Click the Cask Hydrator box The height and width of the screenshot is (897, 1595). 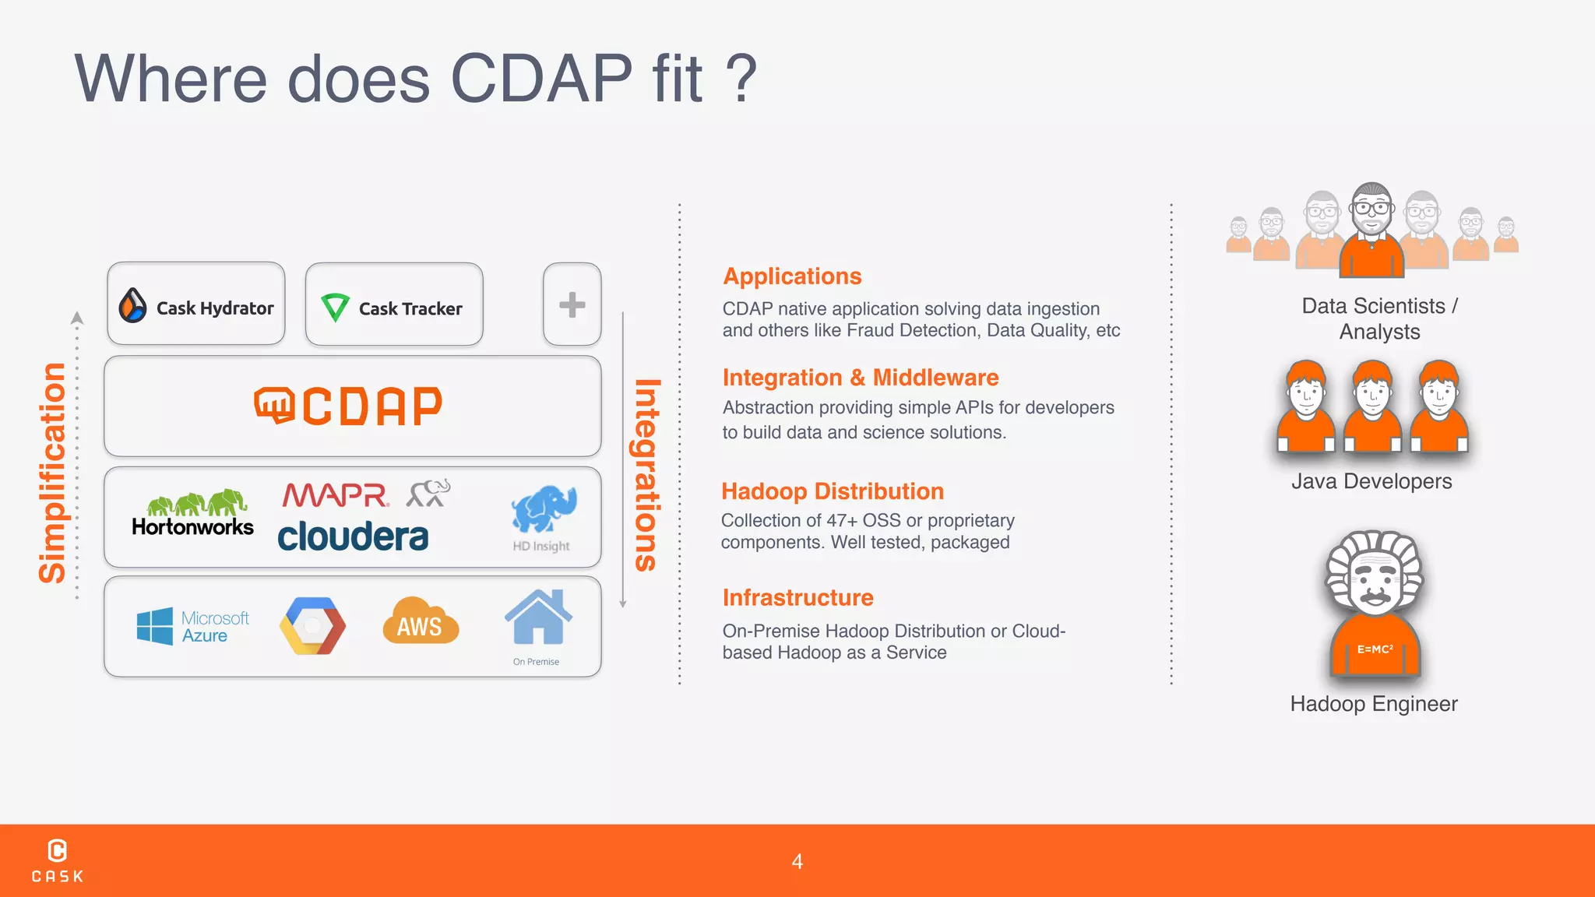[x=196, y=304]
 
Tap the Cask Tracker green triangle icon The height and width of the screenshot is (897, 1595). [x=335, y=308]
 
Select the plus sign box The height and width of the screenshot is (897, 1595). [x=572, y=304]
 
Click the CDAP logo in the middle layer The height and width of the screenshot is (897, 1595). [x=349, y=406]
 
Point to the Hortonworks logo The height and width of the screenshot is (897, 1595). [x=192, y=514]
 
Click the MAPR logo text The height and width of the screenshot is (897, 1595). [x=335, y=495]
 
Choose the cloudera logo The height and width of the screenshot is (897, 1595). [x=353, y=537]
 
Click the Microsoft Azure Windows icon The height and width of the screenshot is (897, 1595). [x=155, y=626]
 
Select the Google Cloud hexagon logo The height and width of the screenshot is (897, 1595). [x=312, y=626]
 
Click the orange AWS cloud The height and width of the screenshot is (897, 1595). [x=420, y=622]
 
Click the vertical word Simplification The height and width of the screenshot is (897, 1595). [x=53, y=473]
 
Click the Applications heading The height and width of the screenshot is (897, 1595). [x=792, y=276]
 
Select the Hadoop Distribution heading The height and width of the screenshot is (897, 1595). [x=832, y=491]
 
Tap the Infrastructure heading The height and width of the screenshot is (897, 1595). [x=797, y=597]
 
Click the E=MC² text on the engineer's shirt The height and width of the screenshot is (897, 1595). [x=1375, y=649]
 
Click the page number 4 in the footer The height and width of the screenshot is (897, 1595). [x=797, y=861]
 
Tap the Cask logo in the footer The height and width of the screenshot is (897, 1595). [x=57, y=860]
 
